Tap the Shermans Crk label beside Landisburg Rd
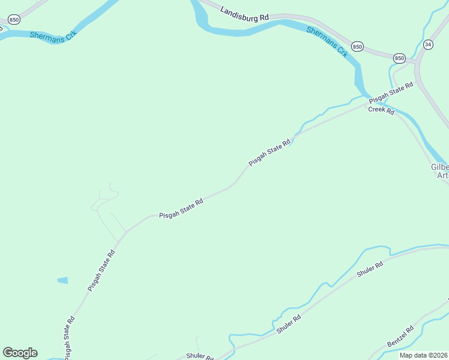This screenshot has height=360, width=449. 327,42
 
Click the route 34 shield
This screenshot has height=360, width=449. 428,44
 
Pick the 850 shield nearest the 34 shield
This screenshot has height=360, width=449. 400,58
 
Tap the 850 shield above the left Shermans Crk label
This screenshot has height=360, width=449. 14,20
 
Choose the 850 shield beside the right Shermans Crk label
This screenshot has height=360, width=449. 358,47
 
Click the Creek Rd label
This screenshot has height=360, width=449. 381,111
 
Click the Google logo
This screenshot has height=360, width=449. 20,353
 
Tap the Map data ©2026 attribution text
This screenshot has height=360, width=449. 423,355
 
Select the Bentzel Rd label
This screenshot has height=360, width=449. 400,337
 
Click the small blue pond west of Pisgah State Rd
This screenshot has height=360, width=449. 62,280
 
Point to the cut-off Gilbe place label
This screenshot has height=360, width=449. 439,167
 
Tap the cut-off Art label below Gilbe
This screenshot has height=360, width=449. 442,175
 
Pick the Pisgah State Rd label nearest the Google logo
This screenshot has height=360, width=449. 70,338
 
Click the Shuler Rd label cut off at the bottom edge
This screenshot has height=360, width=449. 199,356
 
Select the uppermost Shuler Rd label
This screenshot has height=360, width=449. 370,270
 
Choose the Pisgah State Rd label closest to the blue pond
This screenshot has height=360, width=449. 101,271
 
